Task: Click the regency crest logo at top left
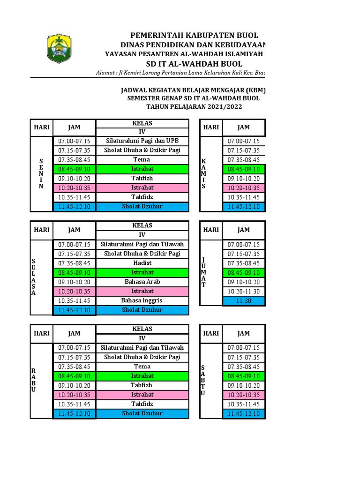click(x=60, y=48)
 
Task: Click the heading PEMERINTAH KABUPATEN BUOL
click(x=194, y=36)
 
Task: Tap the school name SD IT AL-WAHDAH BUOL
click(x=194, y=64)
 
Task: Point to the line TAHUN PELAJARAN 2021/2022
click(x=194, y=107)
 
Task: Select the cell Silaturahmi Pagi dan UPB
click(x=142, y=141)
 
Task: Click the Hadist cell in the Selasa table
click(x=142, y=263)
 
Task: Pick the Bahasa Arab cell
click(x=142, y=282)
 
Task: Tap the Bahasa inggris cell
click(x=142, y=300)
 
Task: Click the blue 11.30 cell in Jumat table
click(x=243, y=301)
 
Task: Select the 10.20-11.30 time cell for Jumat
click(x=243, y=292)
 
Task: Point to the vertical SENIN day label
click(x=41, y=174)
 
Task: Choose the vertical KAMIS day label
click(x=203, y=174)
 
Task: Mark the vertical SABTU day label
click(x=203, y=380)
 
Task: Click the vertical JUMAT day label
click(x=203, y=272)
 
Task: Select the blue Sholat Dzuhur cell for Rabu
click(x=142, y=413)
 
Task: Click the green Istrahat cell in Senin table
click(x=142, y=169)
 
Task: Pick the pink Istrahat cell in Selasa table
click(x=142, y=291)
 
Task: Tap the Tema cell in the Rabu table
click(x=142, y=367)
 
